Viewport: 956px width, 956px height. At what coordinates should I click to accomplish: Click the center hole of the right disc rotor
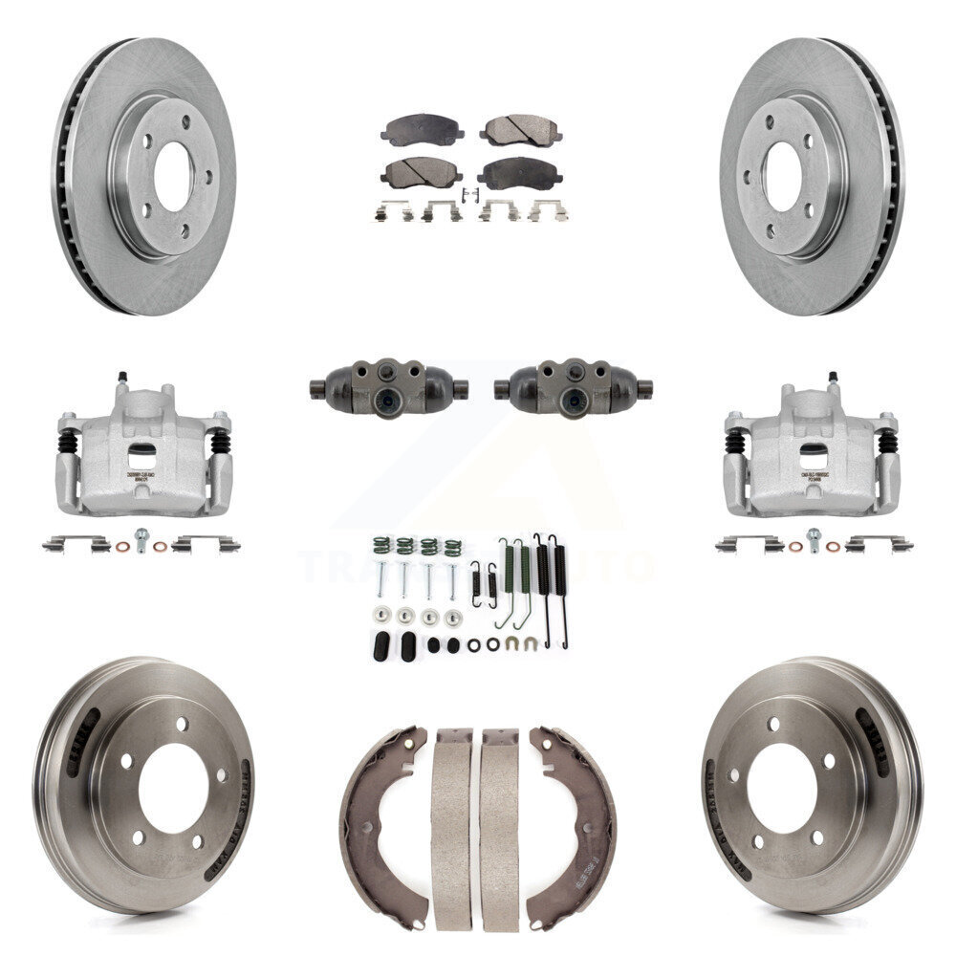(782, 177)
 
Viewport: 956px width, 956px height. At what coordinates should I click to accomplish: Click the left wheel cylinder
(388, 387)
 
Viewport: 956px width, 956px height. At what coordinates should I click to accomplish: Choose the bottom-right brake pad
(519, 173)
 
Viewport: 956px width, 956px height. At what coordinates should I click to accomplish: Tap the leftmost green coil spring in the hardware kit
(380, 548)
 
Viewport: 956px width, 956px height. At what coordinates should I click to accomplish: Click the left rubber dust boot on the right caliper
(734, 442)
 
